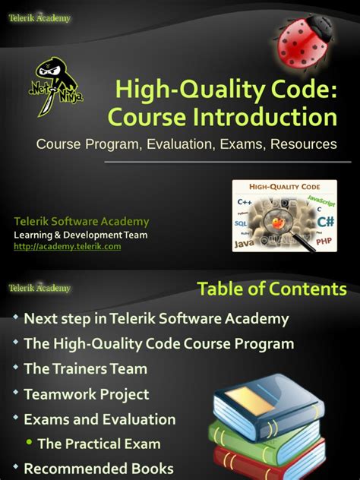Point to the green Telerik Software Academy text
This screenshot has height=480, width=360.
[x=82, y=222]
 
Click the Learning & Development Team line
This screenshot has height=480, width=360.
[x=81, y=235]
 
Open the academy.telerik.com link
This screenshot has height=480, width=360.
[x=67, y=246]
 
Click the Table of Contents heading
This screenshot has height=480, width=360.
[x=272, y=289]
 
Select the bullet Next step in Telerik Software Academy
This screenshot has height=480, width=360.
[x=156, y=319]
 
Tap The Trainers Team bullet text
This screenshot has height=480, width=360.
[x=86, y=369]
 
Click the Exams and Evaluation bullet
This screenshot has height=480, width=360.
[x=99, y=419]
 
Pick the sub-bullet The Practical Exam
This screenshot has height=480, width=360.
[x=99, y=444]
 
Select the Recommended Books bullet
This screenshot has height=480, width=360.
[x=99, y=469]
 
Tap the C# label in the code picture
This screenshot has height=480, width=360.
[x=326, y=222]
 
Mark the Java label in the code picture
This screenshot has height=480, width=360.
[x=245, y=245]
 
